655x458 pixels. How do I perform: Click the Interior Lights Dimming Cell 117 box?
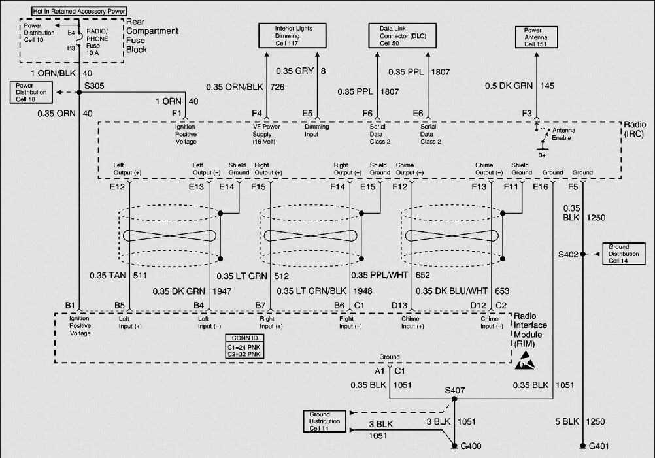coord(292,36)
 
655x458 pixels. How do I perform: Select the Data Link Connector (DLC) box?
coord(402,36)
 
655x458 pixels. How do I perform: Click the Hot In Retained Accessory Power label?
coord(79,11)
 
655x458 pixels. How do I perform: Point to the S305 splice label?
coord(94,86)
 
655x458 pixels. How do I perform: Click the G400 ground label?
coord(471,446)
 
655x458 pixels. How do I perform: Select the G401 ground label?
coord(599,446)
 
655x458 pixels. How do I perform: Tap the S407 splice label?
coord(454,390)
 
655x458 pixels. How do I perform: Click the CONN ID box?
coord(244,346)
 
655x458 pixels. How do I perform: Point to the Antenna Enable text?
coord(563,134)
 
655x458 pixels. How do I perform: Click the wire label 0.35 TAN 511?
coord(118,276)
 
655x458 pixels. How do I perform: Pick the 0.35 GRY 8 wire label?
coord(301,71)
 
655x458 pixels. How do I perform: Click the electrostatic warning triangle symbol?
coord(525,361)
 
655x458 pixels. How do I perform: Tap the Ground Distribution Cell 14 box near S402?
coord(624,254)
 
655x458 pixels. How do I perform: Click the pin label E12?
coord(117,187)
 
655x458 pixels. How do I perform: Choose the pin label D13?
coord(399,306)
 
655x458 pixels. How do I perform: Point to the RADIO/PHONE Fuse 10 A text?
coord(97,42)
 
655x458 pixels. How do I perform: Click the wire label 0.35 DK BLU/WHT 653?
coord(462,291)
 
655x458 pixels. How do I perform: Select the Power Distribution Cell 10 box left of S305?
coord(31,92)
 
